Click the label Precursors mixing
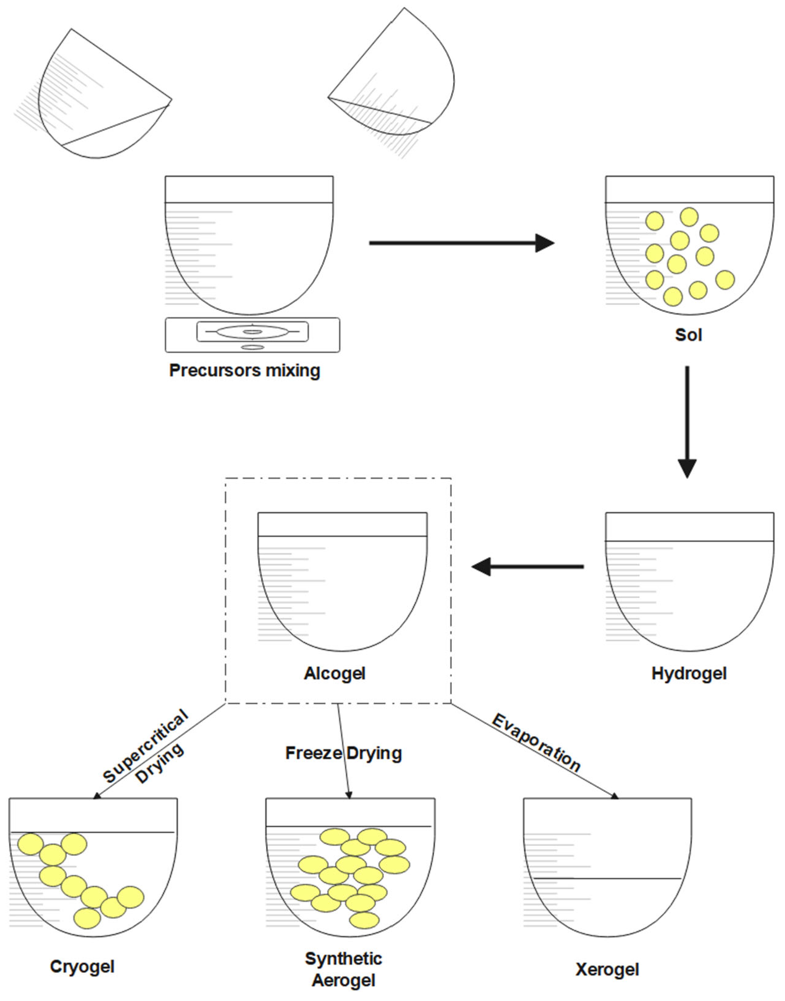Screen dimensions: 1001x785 (x=244, y=370)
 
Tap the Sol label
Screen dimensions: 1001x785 (x=688, y=335)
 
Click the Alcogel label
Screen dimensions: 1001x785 (x=334, y=673)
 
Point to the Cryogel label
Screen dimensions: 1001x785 (x=82, y=967)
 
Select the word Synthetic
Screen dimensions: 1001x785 (x=343, y=958)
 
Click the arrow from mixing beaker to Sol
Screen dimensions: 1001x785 (x=462, y=243)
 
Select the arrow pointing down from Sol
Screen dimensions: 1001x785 (x=687, y=420)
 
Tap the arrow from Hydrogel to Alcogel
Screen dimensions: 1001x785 (x=527, y=566)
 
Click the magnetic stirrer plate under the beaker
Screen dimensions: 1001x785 (x=252, y=335)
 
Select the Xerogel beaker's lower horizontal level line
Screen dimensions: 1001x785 (x=607, y=878)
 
